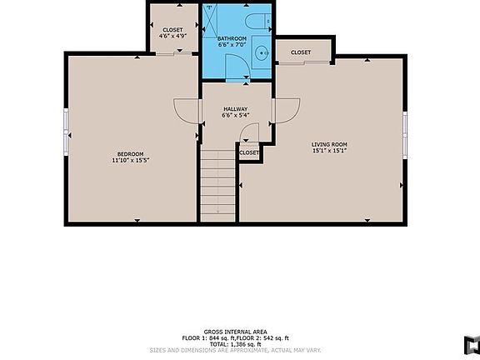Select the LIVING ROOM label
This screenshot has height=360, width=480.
click(x=329, y=144)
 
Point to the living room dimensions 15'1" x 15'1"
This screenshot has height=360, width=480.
click(x=329, y=151)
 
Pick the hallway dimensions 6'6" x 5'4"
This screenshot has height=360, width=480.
click(x=237, y=116)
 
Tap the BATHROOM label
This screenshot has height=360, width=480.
click(x=232, y=38)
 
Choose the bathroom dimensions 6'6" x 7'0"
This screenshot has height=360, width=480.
click(x=232, y=45)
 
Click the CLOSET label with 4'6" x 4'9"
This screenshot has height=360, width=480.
click(x=172, y=30)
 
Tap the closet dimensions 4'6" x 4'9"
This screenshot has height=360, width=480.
click(x=172, y=37)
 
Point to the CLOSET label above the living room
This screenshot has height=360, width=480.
click(x=301, y=52)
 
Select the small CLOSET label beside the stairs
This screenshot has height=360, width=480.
click(x=249, y=152)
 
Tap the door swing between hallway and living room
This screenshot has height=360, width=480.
click(x=287, y=109)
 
